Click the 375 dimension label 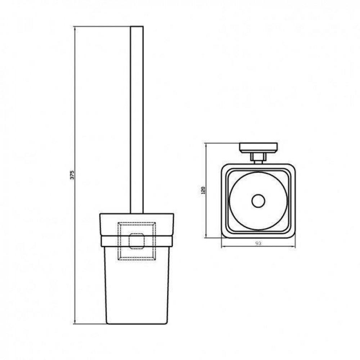[x=72, y=175]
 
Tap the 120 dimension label [x=203, y=190]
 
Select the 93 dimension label [x=258, y=243]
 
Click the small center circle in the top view [x=258, y=201]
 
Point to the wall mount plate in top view [x=258, y=148]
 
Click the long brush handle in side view [x=136, y=120]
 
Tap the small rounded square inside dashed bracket [x=136, y=241]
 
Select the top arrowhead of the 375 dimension [x=75, y=28]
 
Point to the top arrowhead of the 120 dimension [x=206, y=145]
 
